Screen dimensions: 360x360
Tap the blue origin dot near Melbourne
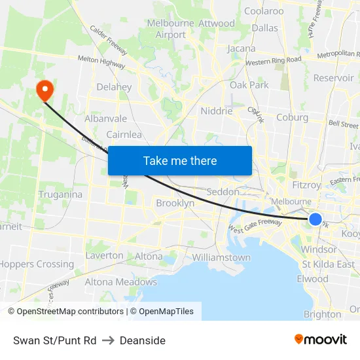(315, 219)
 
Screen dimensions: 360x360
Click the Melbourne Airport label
(171, 29)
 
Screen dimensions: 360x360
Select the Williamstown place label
(221, 257)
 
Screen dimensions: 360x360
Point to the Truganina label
(60, 194)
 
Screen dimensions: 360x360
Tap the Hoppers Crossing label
(37, 264)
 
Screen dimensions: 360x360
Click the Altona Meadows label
(121, 282)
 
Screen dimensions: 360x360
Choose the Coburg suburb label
(292, 118)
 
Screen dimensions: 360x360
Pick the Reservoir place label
(334, 78)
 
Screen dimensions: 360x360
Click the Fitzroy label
(306, 185)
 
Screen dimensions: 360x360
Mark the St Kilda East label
(328, 264)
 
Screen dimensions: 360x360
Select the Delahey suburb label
(114, 86)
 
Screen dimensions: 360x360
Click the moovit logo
(321, 339)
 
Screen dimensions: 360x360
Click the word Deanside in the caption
(143, 340)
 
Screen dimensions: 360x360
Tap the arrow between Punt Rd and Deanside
(108, 340)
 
